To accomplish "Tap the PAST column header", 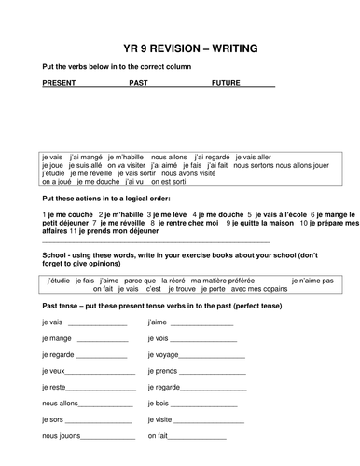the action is pos(138,82).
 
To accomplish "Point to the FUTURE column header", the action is pos(227,82).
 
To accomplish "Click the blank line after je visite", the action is pos(202,420).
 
